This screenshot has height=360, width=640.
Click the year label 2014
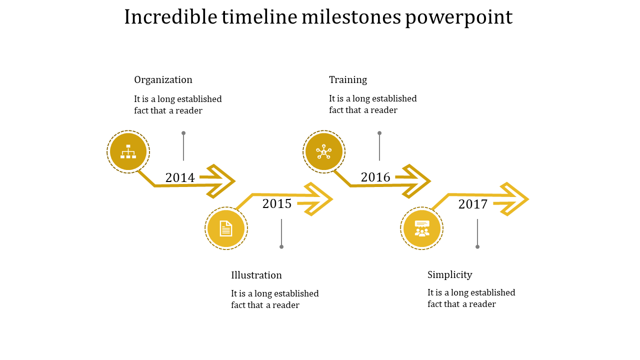[180, 177]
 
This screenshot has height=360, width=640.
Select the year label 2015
[277, 203]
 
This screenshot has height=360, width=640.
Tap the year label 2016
[375, 177]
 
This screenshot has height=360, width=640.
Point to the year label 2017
[473, 204]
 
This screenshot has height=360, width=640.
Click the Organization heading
[163, 80]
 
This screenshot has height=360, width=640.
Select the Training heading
[348, 80]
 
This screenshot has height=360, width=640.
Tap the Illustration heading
[256, 275]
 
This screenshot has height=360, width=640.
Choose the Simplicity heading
[450, 274]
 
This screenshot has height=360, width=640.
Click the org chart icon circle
[128, 152]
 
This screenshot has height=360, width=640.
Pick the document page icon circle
[226, 228]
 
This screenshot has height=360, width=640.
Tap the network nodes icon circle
[324, 152]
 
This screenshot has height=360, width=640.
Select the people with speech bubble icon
[422, 228]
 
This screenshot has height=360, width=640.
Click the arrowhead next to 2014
[220, 181]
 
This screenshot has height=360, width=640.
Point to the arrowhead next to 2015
[318, 199]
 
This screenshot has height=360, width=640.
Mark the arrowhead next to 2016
[416, 181]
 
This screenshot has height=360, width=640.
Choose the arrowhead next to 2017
[514, 199]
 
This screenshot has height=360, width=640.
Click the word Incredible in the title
[170, 17]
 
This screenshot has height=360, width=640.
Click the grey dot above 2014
[183, 133]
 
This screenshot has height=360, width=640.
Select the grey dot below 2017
[477, 246]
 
